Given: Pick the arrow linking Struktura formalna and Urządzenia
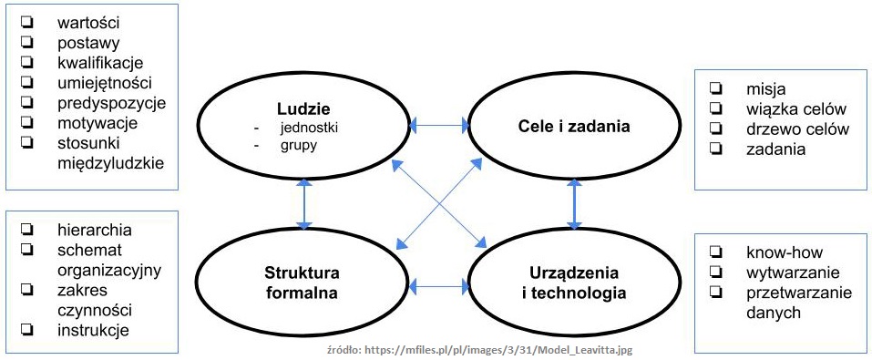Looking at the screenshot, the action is point(438,288).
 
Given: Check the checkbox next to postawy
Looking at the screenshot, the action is point(28,41).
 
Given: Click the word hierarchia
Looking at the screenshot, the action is point(94,229).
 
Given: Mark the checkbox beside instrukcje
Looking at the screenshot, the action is point(28,329).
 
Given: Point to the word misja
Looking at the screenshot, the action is point(765,88).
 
